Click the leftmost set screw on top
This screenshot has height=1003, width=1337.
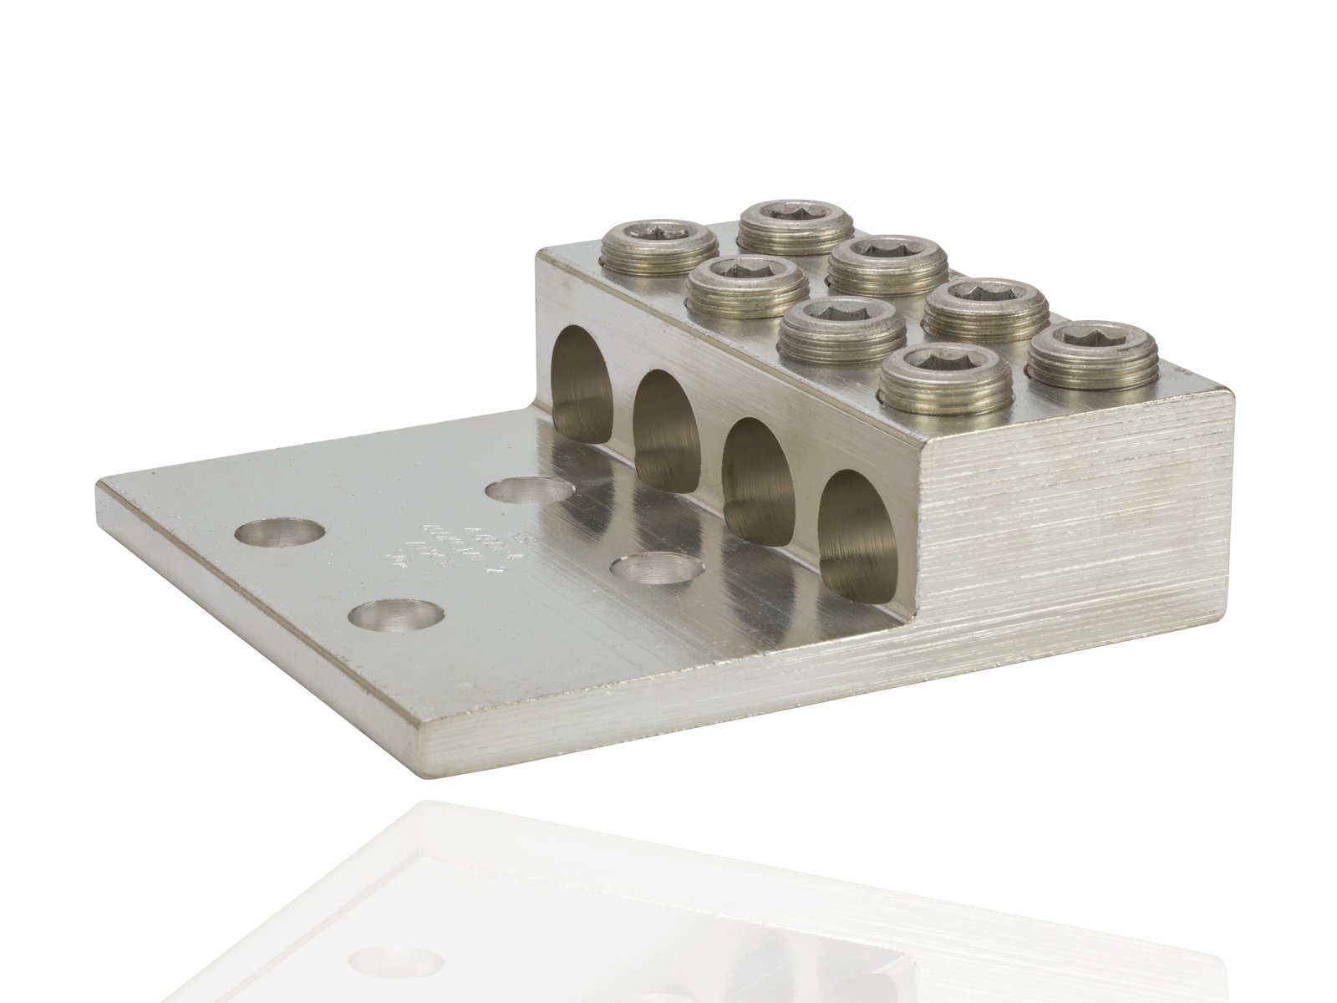(x=659, y=243)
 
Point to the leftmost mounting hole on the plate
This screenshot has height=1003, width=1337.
(x=268, y=534)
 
